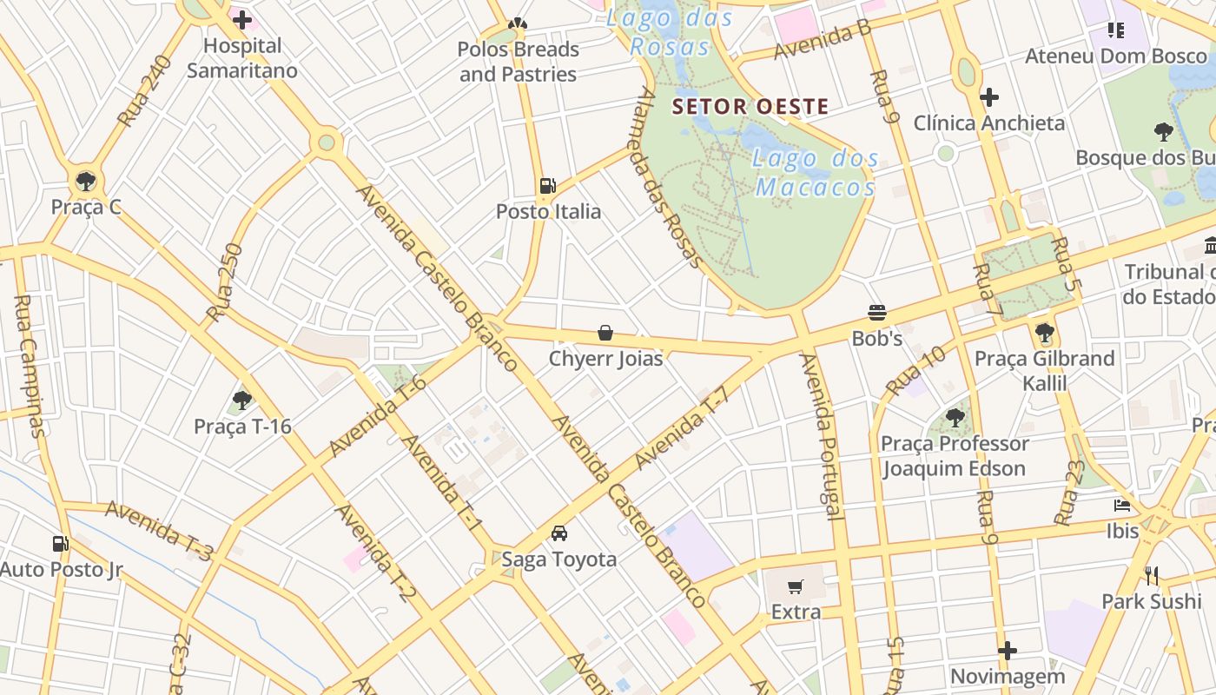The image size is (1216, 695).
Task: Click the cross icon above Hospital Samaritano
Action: coord(242,19)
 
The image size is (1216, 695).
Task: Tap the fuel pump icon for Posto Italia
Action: coord(547,185)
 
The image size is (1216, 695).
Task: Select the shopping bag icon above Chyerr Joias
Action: coord(605,333)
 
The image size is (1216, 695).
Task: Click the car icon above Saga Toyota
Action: coord(559,533)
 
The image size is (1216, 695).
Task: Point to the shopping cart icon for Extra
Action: coord(796,587)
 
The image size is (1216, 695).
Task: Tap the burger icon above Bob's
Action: coord(876,313)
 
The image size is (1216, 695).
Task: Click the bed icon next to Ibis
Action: coord(1122,506)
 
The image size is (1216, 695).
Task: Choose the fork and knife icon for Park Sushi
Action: coord(1152,575)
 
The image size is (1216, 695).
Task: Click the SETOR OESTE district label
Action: coord(750,107)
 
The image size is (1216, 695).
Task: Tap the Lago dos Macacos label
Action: coord(816,173)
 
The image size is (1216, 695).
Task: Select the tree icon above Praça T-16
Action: coord(242,400)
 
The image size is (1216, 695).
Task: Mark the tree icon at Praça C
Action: coord(85,182)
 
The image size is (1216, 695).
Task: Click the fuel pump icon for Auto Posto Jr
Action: coord(60,544)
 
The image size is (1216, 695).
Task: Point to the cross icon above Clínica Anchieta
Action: coord(988,97)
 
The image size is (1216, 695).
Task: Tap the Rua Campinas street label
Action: coord(29,366)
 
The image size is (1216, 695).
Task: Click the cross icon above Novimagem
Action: coord(1008,651)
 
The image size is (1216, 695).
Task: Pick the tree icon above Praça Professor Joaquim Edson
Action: coord(955,418)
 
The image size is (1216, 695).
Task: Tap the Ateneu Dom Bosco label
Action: coord(1116,56)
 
